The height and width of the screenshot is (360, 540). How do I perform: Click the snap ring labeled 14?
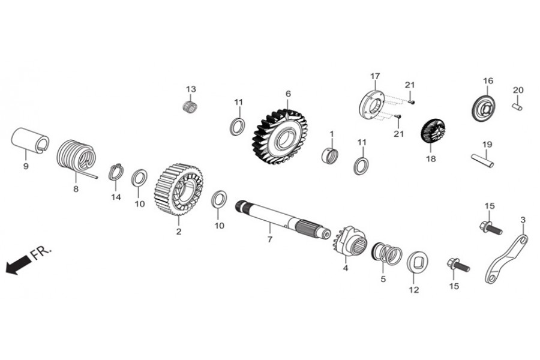coord(116,172)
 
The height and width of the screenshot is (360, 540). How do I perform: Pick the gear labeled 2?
coord(179,190)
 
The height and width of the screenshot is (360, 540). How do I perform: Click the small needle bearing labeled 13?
coord(190,107)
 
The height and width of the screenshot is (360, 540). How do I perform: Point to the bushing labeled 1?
coord(330,155)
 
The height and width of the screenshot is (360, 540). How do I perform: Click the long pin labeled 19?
coord(482,160)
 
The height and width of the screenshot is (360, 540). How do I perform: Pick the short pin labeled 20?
coord(518,106)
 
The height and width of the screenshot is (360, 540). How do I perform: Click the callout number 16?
coord(488,80)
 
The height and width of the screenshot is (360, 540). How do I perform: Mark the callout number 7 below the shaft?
coord(269,239)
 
